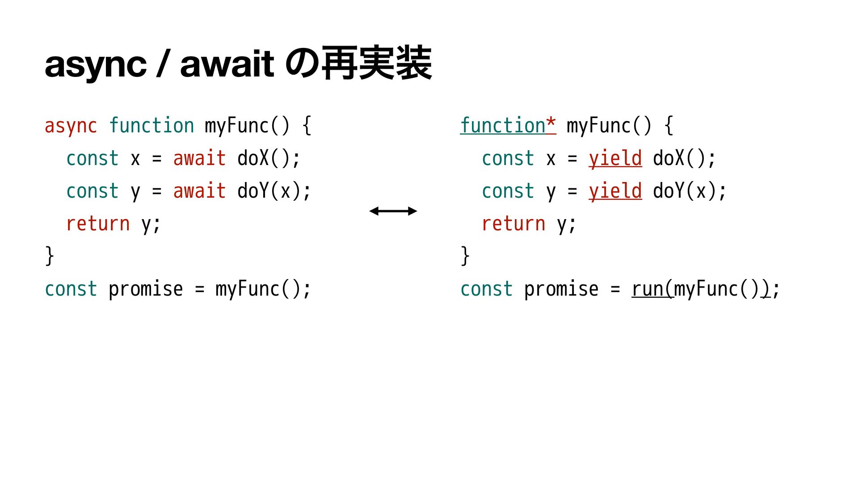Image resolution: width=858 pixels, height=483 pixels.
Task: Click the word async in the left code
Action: (71, 126)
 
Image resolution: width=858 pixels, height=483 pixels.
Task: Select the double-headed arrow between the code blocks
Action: (393, 211)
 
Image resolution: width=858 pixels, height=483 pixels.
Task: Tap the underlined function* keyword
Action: (508, 126)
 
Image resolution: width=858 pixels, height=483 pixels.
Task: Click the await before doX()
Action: (199, 159)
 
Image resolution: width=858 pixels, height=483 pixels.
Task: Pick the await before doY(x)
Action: (199, 191)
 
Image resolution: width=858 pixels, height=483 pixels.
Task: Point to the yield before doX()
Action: (615, 159)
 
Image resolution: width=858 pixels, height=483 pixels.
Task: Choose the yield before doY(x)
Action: (615, 191)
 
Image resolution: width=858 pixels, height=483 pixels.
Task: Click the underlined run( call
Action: (652, 289)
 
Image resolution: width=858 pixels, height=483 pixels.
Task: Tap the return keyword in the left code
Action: (98, 224)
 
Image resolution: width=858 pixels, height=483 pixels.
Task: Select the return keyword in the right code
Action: (513, 224)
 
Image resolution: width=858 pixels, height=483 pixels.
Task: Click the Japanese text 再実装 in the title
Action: (376, 64)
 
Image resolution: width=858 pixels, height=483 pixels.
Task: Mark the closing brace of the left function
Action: (50, 256)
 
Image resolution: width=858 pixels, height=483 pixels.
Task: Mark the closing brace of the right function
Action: (465, 256)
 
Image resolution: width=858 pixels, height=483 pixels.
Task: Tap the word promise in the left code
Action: (146, 289)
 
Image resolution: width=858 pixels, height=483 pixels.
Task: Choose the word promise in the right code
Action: (561, 289)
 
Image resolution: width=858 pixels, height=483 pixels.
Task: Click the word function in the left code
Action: (151, 126)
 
